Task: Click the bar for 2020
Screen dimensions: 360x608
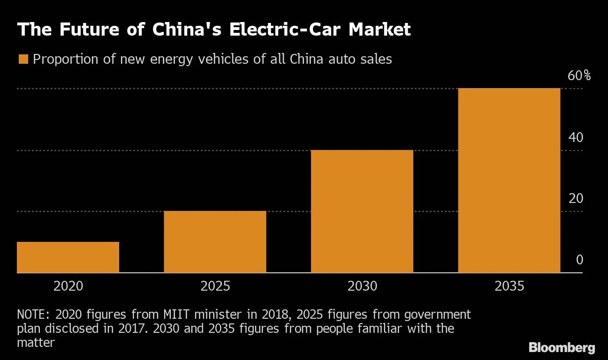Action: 68,257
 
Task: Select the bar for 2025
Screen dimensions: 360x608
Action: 215,242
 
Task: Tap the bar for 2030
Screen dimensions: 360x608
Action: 362,211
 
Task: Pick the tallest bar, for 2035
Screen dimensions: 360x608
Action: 509,180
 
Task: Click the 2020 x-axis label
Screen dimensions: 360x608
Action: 68,286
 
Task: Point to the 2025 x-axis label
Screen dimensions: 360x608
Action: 215,286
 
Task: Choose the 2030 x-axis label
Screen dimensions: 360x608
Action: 362,286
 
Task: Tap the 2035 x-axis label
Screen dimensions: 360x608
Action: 509,286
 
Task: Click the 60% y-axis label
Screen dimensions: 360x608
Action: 579,76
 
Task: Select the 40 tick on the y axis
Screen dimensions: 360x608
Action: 576,137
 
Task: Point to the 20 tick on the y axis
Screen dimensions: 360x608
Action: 576,199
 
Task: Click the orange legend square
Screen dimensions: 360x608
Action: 23,60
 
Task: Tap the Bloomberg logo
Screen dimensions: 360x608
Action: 562,348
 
